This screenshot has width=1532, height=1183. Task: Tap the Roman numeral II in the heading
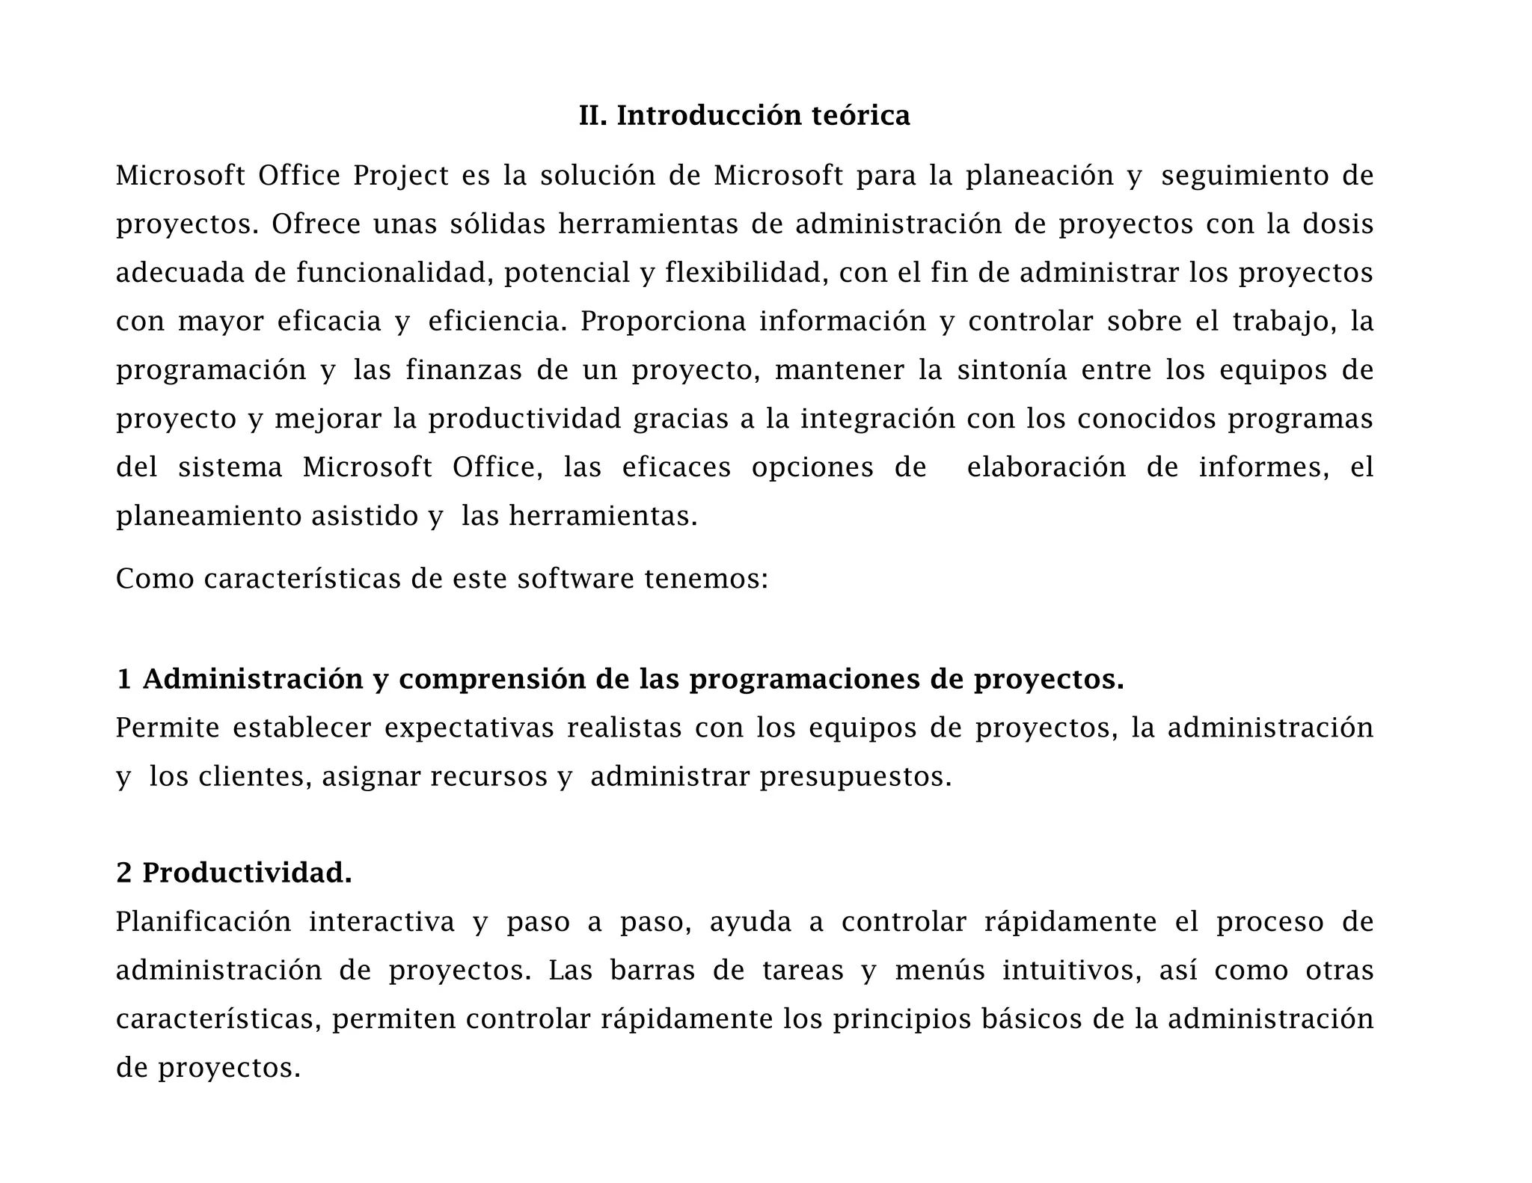[592, 116]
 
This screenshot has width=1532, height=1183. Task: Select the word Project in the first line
[401, 176]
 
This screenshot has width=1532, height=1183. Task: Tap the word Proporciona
[663, 322]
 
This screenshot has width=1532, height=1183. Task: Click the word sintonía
[1012, 370]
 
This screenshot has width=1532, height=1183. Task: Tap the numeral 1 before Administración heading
[123, 680]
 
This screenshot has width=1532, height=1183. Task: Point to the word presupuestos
[855, 777]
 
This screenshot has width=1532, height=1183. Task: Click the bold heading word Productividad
[247, 873]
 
